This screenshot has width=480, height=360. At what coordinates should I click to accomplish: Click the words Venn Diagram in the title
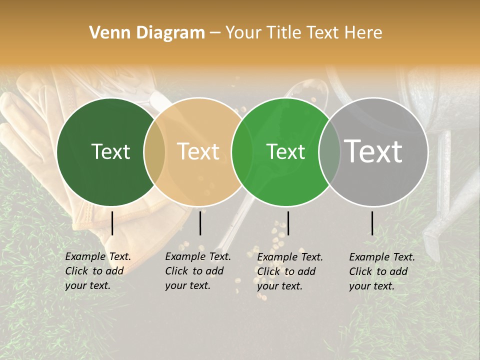pyautogui.click(x=147, y=33)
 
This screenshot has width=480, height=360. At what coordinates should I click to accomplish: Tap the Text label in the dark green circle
pyautogui.click(x=110, y=151)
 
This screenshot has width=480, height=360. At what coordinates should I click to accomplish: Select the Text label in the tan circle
pyautogui.click(x=198, y=151)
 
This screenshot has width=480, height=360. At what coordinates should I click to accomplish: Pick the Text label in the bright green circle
pyautogui.click(x=286, y=151)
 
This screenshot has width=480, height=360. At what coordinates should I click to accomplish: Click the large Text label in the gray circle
pyautogui.click(x=373, y=151)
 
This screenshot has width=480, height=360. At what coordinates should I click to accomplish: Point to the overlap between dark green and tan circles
pyautogui.click(x=154, y=151)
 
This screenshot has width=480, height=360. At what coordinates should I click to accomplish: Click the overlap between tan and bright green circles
pyautogui.click(x=242, y=151)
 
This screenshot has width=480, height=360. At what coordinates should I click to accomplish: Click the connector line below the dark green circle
pyautogui.click(x=112, y=223)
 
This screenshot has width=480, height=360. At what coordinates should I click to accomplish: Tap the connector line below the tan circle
pyautogui.click(x=200, y=223)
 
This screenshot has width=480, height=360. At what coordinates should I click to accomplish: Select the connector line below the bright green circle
pyautogui.click(x=288, y=223)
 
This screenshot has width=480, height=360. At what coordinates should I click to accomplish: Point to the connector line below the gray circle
pyautogui.click(x=372, y=223)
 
